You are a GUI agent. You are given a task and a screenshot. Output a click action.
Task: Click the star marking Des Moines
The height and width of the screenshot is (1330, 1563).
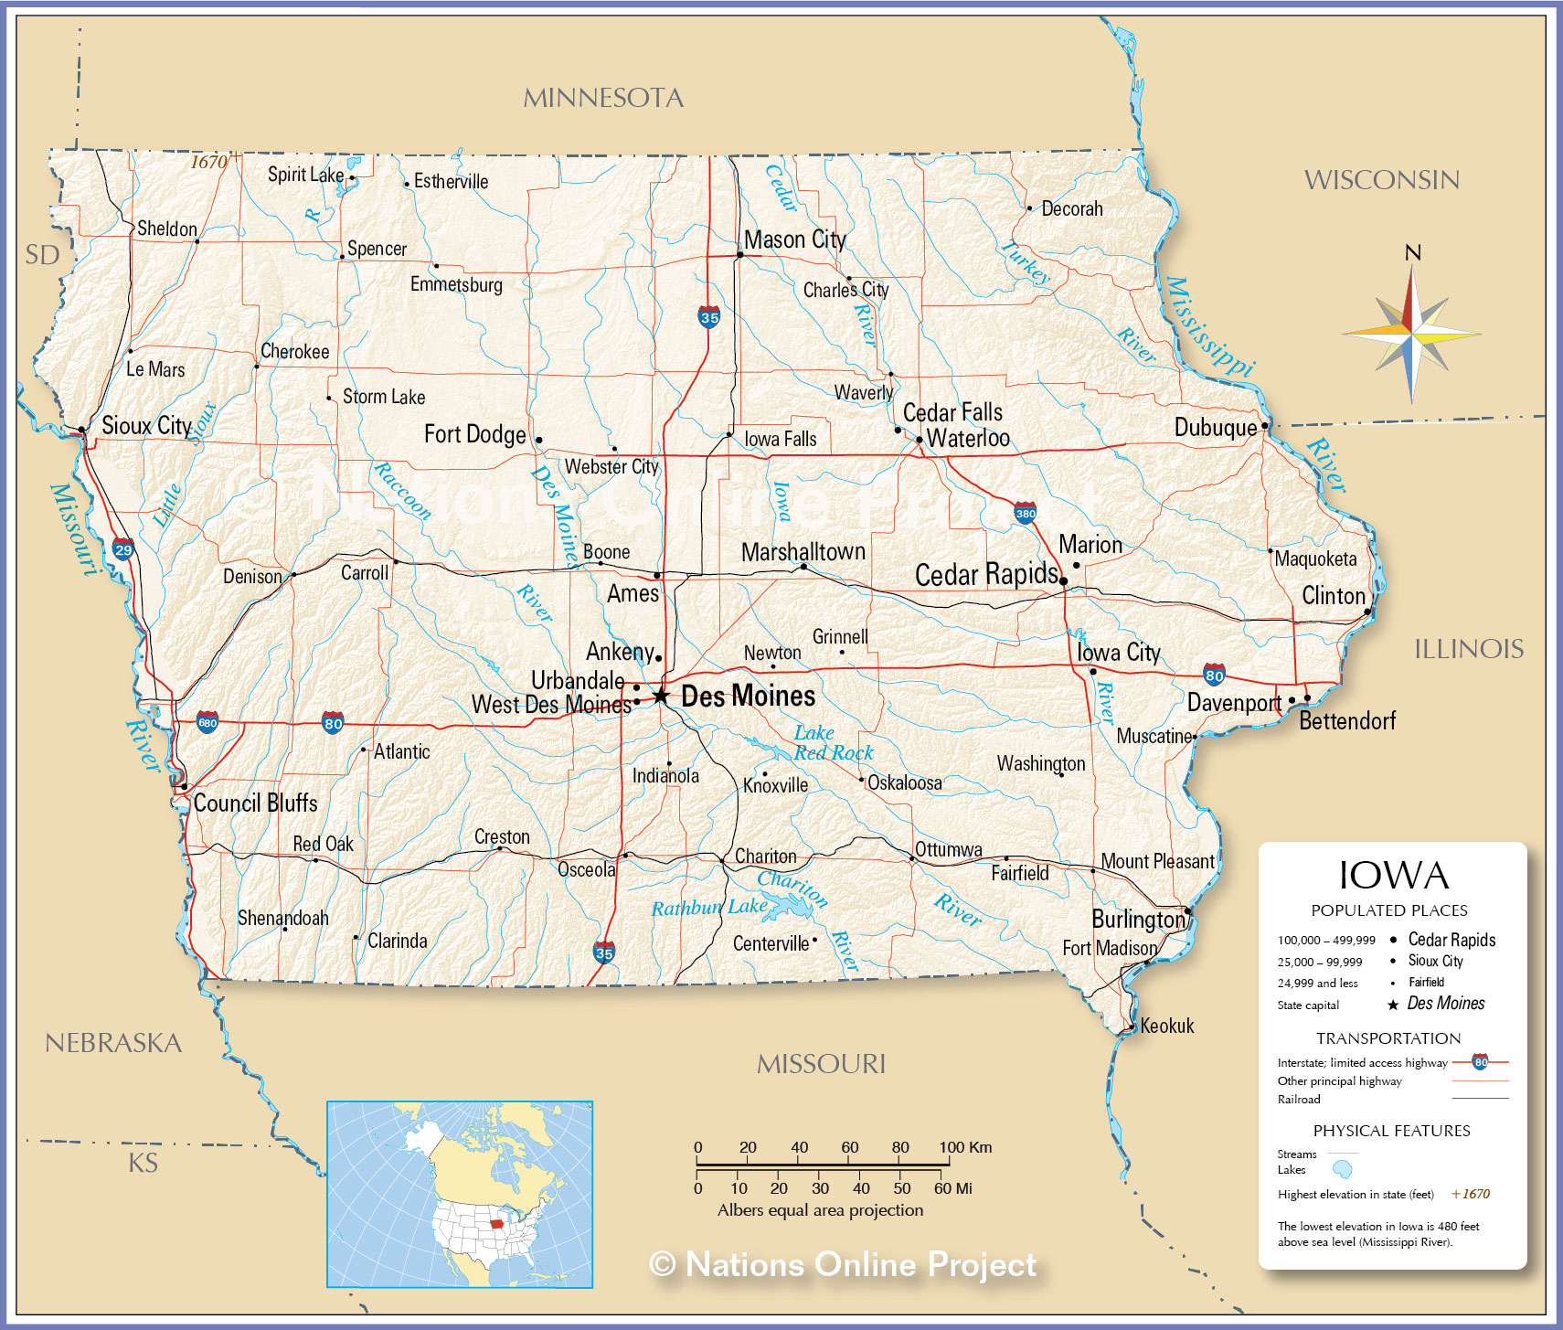coord(661,697)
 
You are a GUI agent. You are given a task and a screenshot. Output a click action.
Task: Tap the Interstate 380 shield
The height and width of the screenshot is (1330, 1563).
coord(1026,513)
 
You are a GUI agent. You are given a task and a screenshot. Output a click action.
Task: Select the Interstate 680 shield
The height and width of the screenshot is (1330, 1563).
coord(207,722)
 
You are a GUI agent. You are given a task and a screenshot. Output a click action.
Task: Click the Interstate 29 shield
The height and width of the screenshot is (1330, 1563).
coord(123,549)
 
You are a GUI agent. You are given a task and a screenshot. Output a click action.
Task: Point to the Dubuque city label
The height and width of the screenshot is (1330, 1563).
coord(1216,428)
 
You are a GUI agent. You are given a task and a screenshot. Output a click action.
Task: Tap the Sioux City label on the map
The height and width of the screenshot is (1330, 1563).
coord(146,426)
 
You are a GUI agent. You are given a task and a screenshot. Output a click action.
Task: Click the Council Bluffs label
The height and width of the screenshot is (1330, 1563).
coord(255,803)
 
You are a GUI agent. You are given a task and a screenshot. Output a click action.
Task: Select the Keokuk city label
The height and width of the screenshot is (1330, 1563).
coord(1167,1026)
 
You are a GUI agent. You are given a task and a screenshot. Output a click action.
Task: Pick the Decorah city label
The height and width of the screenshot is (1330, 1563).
coord(1072,209)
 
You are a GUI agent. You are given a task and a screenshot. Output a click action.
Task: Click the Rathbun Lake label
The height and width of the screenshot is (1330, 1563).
coord(709,907)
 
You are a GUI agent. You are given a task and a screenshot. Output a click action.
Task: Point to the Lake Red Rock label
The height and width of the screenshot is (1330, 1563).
coord(833,743)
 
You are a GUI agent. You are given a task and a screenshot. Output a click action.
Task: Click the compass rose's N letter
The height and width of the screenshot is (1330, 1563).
coord(1412,253)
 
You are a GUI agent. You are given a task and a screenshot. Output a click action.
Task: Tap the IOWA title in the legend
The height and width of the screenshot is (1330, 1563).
coord(1394,876)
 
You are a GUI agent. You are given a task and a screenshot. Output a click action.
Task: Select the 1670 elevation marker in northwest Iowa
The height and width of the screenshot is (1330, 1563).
coord(209,162)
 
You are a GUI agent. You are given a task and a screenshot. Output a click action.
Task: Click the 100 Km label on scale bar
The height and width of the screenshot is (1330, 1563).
coord(965,1147)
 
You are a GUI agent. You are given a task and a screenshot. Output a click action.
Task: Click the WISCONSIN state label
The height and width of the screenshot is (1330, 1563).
coord(1381,180)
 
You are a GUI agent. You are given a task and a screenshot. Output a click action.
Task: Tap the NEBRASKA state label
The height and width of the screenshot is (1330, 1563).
coord(113,1043)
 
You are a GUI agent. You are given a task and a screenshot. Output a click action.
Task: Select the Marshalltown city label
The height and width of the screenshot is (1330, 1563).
coord(803,552)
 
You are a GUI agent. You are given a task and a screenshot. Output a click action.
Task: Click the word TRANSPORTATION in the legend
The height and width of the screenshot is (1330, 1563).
coord(1388,1038)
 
